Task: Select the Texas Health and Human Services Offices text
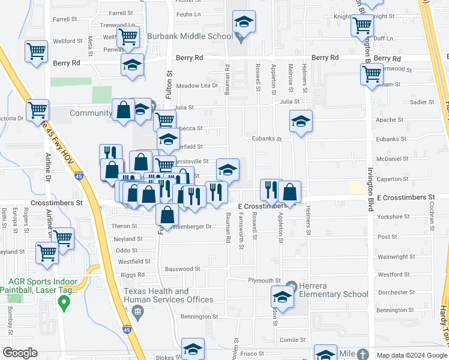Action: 168,295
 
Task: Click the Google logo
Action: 20,353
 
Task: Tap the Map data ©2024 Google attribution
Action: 412,355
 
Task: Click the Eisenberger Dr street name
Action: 191,227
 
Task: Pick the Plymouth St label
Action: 265,280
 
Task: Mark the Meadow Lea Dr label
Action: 197,86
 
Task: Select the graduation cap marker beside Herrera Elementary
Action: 282,296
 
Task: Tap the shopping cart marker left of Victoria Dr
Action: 37,110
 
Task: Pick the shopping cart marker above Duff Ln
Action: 363,26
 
